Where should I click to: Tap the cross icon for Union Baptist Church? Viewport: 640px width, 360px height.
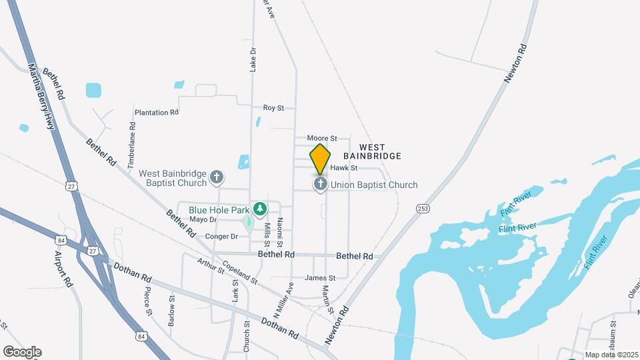pos(320,183)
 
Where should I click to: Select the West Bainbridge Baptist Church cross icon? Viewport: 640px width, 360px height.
pos(216,177)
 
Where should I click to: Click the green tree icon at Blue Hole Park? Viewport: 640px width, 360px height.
pos(259,209)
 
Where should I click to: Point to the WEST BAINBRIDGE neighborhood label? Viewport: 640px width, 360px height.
pos(380,151)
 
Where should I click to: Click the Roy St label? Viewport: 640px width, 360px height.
pos(273,107)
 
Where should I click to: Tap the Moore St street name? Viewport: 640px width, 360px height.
pos(322,138)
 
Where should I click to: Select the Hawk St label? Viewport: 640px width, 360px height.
pos(345,168)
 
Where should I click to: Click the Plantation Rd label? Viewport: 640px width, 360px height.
pos(157,113)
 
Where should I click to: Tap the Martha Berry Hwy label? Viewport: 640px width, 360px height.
pos(41,97)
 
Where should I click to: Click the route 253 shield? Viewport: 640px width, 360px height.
pos(423,209)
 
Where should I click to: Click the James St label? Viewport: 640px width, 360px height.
pos(319,278)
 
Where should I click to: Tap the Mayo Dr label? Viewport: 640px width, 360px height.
pos(203,219)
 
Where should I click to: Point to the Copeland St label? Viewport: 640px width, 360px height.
pos(240,273)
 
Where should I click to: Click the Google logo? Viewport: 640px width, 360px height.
pos(22,352)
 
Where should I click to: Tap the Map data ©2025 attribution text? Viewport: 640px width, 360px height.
pos(611,355)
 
